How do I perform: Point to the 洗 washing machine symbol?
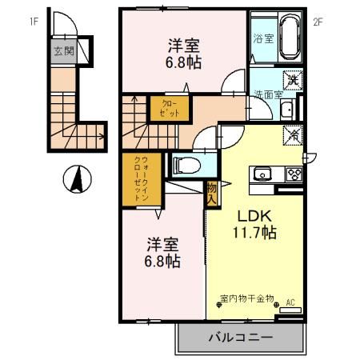click(x=293, y=78)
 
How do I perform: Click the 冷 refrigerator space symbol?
click(x=293, y=134)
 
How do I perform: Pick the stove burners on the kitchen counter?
click(x=292, y=174)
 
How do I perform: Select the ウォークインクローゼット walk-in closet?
click(x=137, y=178)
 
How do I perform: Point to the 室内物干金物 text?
click(x=246, y=299)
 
